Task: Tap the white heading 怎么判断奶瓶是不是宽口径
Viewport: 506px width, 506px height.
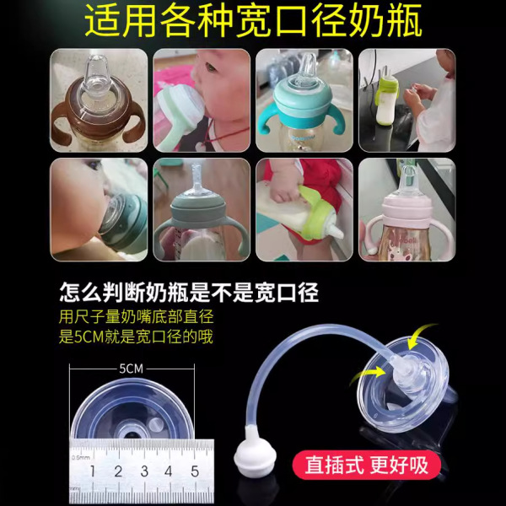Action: pyautogui.click(x=189, y=293)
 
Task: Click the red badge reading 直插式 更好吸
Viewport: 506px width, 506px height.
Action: pyautogui.click(x=367, y=465)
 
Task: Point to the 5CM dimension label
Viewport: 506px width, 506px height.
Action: pyautogui.click(x=131, y=369)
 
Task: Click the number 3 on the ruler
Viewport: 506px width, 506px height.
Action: pyautogui.click(x=144, y=471)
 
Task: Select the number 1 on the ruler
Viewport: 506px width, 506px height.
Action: pyautogui.click(x=93, y=471)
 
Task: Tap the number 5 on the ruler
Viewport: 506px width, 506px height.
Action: pyautogui.click(x=195, y=471)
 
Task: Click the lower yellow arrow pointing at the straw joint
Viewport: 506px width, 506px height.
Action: pyautogui.click(x=368, y=374)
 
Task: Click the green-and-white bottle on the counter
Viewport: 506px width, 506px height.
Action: pyautogui.click(x=387, y=100)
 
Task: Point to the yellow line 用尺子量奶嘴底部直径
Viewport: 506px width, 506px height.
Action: pyautogui.click(x=136, y=316)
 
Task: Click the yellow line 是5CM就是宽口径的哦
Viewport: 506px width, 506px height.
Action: pyautogui.click(x=136, y=336)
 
